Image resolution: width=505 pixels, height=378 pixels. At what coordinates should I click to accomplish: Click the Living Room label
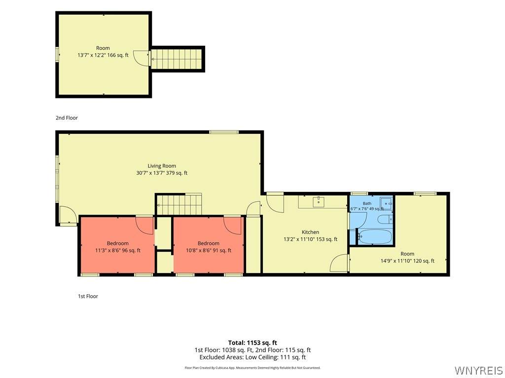point(162,166)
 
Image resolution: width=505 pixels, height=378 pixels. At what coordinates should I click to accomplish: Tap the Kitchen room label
point(311,232)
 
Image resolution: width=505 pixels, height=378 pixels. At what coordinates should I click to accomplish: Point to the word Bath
point(367,203)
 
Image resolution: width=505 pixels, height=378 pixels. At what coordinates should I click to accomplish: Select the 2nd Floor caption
point(67,118)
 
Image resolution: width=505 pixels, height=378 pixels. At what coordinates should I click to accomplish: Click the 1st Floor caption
point(88,296)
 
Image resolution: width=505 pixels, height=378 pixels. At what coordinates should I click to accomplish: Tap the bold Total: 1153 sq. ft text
point(252,343)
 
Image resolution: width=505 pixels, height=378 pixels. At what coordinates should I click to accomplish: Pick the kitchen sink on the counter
point(318,202)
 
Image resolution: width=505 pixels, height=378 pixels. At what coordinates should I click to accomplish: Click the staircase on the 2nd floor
point(177,59)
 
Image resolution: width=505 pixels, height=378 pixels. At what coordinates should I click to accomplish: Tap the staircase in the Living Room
point(179,204)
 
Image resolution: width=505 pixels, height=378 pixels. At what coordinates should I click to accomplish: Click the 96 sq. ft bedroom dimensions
point(118,251)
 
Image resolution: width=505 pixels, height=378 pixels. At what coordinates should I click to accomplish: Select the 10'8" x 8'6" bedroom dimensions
point(209,251)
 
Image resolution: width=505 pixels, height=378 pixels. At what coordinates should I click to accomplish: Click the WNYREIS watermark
point(478,370)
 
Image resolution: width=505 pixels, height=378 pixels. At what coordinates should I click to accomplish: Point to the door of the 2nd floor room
point(142,59)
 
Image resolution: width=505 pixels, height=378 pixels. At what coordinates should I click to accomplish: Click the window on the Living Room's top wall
point(224,132)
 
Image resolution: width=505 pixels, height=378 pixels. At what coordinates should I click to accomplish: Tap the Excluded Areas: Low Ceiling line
point(252,357)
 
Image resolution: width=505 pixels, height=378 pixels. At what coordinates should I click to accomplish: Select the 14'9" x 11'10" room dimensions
point(407,261)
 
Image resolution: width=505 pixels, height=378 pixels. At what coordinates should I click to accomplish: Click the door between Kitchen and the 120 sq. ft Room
point(340,263)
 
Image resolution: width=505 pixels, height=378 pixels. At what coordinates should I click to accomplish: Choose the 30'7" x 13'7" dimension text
point(162,173)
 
